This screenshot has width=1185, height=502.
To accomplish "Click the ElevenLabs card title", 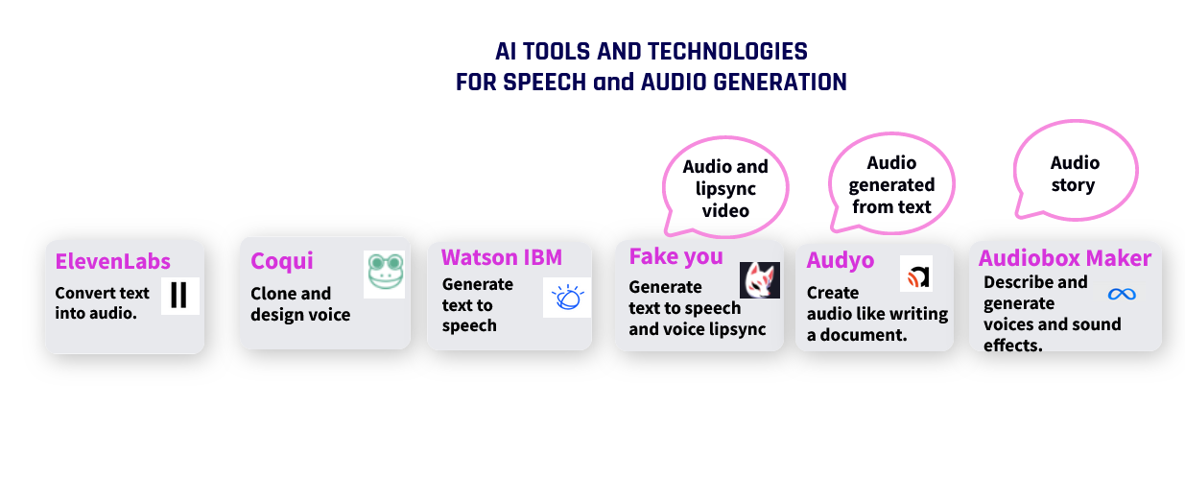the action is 112,261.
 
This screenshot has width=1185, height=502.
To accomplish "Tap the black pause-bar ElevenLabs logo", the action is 179,296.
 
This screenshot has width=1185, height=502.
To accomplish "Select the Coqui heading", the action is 281,261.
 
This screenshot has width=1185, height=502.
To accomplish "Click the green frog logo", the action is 385,274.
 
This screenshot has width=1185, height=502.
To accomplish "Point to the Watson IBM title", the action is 502,257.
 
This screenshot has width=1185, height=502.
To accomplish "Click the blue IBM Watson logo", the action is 567,298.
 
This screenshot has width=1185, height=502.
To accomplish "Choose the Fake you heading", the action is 676,256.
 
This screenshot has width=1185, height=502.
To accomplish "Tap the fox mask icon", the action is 760,280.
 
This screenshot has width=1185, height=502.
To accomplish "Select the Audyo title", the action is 841,260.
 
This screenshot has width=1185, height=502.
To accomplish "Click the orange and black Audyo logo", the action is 916,274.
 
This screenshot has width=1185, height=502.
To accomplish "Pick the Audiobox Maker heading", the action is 1065,258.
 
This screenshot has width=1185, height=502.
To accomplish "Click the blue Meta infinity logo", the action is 1122,294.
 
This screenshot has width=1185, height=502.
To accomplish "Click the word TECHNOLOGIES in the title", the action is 728,52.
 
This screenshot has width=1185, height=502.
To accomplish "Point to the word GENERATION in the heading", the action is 780,83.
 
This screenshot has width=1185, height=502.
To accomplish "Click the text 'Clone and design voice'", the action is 300,304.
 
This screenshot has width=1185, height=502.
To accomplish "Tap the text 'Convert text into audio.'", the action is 102,303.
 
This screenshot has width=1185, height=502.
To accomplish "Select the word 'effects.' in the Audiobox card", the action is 1012,346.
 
